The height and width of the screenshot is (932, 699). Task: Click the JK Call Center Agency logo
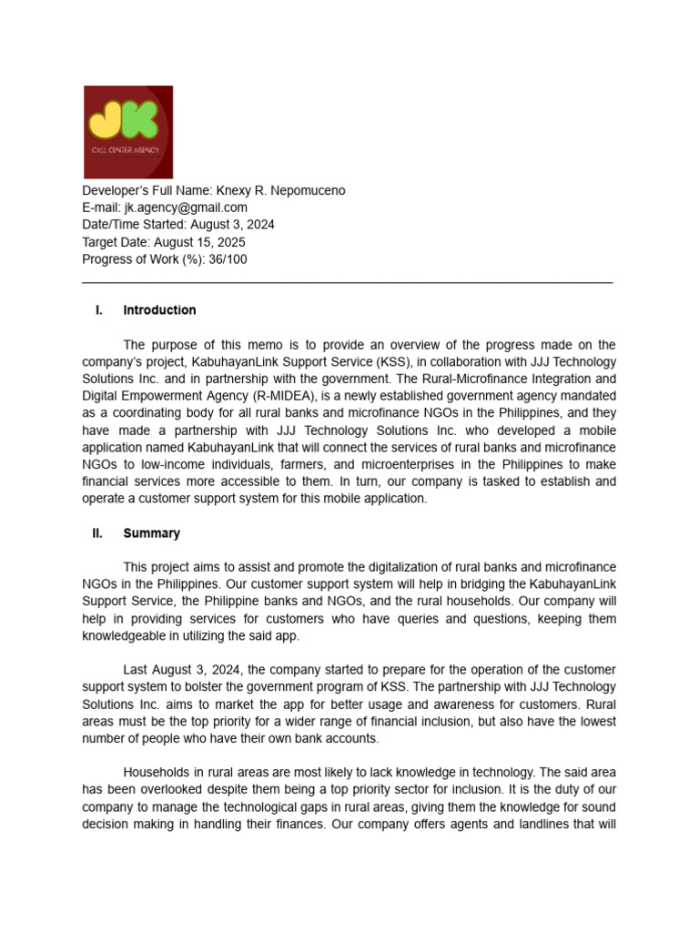(128, 132)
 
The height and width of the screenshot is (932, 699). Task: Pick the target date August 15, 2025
(199, 242)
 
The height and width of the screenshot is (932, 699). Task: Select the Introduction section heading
(159, 310)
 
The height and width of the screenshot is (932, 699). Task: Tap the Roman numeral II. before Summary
(97, 533)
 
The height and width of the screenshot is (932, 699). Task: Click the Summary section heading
(151, 533)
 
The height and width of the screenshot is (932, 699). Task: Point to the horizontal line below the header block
(347, 283)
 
